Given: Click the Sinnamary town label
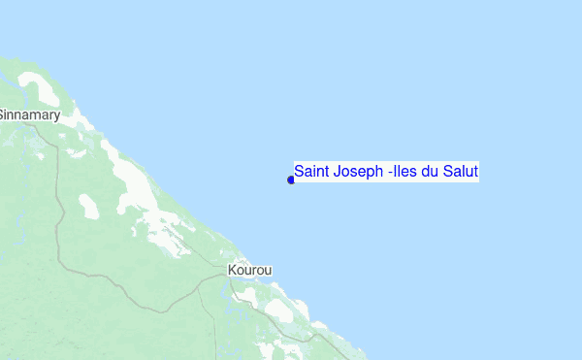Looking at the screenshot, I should pos(29,115).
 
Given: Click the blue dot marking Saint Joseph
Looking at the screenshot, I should pos(291,180).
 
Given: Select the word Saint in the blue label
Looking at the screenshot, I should pos(313,172).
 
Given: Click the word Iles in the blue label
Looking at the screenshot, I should pos(404,172).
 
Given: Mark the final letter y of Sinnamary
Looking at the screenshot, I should pos(57,115).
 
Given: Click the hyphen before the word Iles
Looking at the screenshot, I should pos(390,173).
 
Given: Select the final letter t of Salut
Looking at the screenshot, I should pos(476,172).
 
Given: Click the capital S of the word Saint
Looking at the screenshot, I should pos(300,172).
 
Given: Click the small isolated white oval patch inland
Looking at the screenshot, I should pos(88,206).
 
